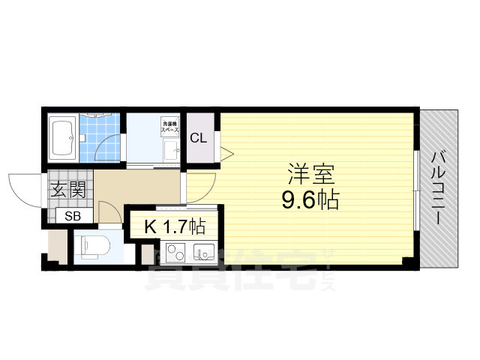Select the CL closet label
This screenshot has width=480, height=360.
coord(198,137)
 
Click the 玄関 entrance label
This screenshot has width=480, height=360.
coord(68,190)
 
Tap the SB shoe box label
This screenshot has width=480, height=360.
coord(73,216)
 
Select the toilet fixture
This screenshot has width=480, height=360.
coord(93,245)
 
